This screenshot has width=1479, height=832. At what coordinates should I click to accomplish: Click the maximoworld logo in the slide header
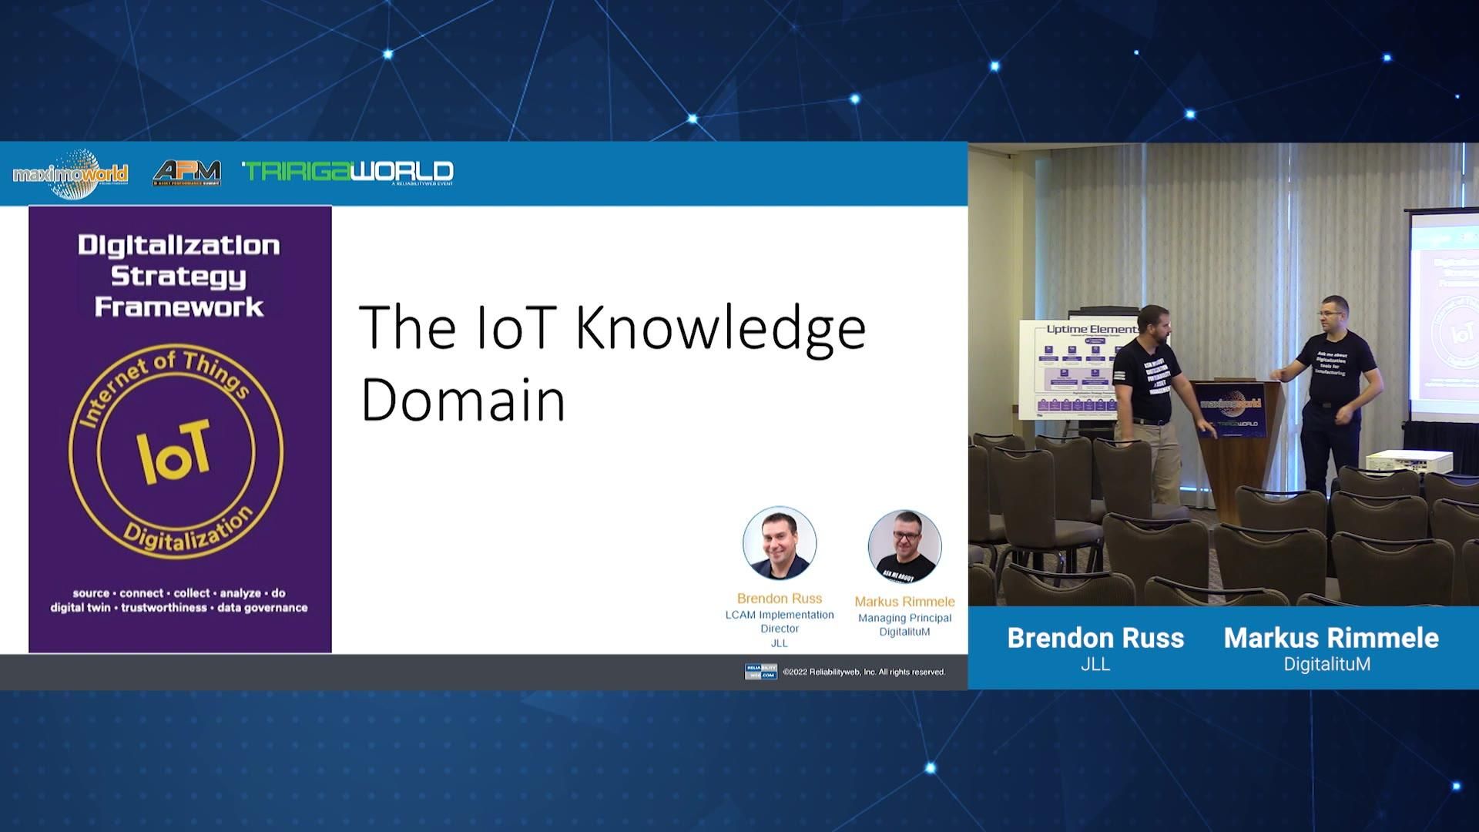(x=70, y=174)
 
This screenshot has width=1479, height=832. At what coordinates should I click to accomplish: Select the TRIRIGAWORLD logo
(x=348, y=172)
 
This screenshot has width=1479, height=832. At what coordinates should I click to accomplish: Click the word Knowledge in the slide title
(x=720, y=328)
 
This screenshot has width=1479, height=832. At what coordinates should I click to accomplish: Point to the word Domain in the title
(x=463, y=400)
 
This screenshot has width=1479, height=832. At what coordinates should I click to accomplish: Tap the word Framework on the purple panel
(x=179, y=307)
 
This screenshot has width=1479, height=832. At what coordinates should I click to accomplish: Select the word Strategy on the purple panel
(x=179, y=276)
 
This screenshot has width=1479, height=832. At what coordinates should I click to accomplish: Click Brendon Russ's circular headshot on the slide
(x=780, y=543)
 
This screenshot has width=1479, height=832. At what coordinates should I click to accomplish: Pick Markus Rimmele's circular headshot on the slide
(x=904, y=546)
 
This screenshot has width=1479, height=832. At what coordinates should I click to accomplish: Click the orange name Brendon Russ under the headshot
(x=780, y=599)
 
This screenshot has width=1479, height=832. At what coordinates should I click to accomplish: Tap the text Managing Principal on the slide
(x=904, y=618)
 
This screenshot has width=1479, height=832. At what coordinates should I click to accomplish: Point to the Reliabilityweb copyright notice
(x=864, y=672)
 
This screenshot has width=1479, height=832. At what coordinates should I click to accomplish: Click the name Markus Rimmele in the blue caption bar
(x=1331, y=638)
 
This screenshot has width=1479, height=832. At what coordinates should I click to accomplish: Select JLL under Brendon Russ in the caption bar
(x=1095, y=664)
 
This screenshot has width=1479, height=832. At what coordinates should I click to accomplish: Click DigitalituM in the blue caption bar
(x=1326, y=664)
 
